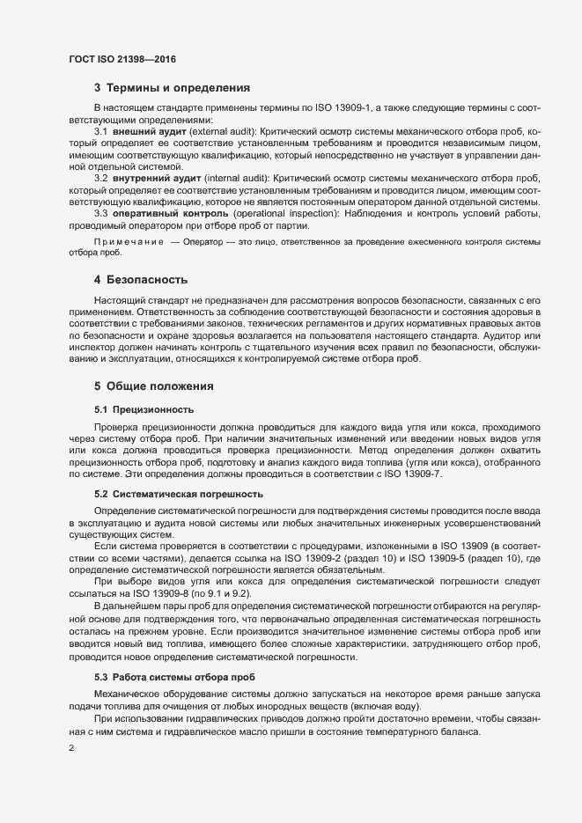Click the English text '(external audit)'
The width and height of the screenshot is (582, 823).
coord(223,130)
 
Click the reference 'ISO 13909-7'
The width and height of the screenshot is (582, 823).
coord(411,474)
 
